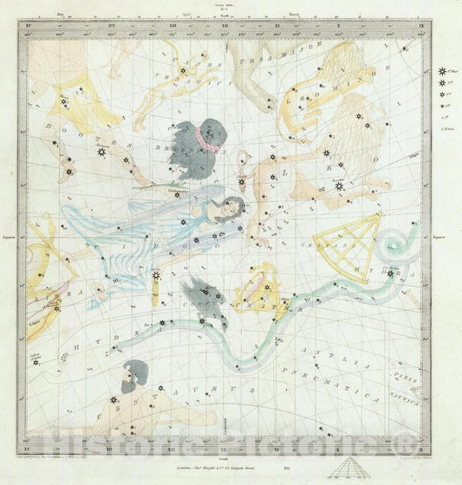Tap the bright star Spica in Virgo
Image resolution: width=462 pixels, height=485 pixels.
(157, 276)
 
